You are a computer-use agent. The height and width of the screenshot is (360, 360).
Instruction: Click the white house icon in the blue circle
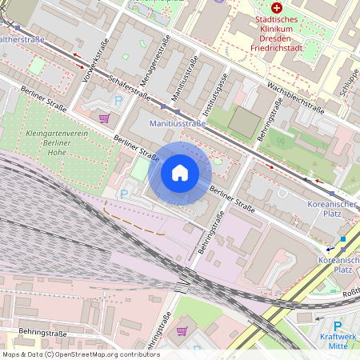[x=180, y=173]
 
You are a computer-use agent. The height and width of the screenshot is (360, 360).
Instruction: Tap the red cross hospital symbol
[x=277, y=7]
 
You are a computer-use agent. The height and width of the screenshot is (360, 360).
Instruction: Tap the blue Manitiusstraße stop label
[x=178, y=124]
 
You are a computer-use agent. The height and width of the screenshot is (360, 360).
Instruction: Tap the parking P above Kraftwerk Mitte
[x=337, y=326]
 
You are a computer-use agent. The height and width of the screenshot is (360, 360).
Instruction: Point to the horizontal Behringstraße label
[x=32, y=332]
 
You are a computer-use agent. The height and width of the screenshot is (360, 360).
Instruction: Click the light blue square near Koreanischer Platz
[x=343, y=238]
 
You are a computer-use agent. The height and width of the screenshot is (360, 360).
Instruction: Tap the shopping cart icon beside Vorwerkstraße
[x=104, y=118]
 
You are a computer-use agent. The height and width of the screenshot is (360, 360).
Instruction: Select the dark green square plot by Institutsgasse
[x=245, y=122]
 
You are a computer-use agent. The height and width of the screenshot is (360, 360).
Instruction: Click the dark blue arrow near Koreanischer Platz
[x=329, y=249]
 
